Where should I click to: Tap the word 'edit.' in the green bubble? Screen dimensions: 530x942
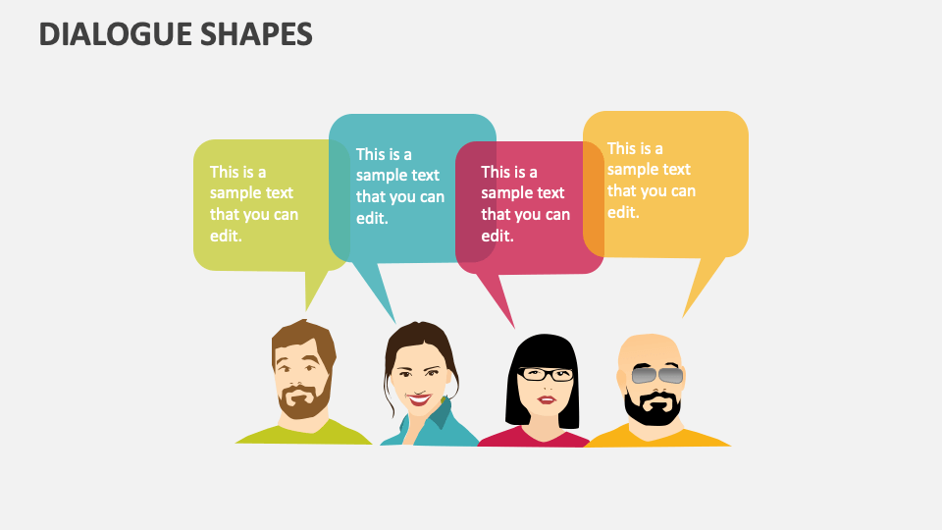tap(226, 236)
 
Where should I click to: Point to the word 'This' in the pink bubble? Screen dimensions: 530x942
tap(497, 172)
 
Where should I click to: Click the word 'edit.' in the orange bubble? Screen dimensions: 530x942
tap(623, 212)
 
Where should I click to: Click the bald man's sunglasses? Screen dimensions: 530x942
tap(656, 375)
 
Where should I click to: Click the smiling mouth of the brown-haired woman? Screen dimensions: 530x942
tap(420, 399)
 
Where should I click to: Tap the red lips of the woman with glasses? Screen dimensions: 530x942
tap(546, 398)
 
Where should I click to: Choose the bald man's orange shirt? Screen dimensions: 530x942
tap(687, 436)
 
